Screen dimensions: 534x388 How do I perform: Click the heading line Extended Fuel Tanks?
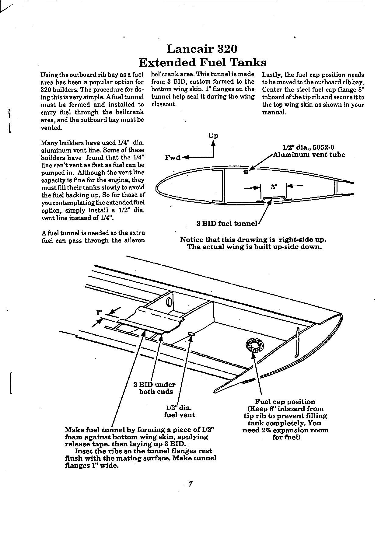click(x=202, y=62)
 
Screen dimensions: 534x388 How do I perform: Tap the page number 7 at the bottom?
click(x=190, y=484)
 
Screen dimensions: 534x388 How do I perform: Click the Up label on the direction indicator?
click(x=213, y=135)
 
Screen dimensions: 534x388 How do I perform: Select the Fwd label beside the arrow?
click(x=172, y=157)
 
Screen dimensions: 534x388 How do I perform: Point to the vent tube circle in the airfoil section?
click(x=246, y=172)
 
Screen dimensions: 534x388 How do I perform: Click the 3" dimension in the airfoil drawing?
click(x=274, y=187)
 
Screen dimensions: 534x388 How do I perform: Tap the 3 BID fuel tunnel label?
click(x=227, y=224)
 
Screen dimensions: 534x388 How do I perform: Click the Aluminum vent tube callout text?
click(x=309, y=155)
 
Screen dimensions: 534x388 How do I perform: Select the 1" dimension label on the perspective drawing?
click(x=99, y=313)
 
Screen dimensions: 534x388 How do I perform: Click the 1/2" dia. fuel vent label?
click(x=179, y=411)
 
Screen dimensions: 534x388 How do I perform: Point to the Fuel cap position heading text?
click(x=285, y=402)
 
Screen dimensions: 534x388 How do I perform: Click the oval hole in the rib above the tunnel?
click(x=169, y=302)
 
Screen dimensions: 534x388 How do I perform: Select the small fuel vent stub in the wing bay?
click(x=191, y=334)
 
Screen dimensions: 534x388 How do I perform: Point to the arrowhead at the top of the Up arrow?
click(x=213, y=143)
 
